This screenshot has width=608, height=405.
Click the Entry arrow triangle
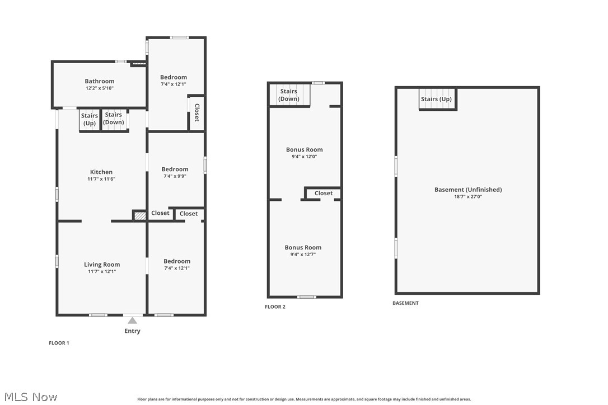point(132,321)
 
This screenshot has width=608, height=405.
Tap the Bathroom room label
point(100,81)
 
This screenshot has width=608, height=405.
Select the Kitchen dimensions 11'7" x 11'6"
point(101,179)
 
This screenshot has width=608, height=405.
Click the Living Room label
point(102,265)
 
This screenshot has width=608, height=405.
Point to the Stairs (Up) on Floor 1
point(90,120)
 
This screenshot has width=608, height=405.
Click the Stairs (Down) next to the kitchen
point(114,119)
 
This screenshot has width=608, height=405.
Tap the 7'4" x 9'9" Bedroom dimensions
point(175,176)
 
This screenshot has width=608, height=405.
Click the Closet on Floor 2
point(324,194)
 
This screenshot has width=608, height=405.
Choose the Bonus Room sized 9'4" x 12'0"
point(304,149)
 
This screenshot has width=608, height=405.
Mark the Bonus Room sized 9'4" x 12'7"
point(303,247)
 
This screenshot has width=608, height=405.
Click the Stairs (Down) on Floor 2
point(289,95)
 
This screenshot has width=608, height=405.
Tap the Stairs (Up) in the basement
point(436,99)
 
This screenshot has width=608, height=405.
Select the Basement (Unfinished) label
point(468,190)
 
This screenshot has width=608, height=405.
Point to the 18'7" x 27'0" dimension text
point(468,197)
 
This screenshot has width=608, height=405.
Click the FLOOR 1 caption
point(59,343)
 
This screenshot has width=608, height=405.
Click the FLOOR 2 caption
point(275,307)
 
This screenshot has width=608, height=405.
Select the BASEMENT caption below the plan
point(405,303)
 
